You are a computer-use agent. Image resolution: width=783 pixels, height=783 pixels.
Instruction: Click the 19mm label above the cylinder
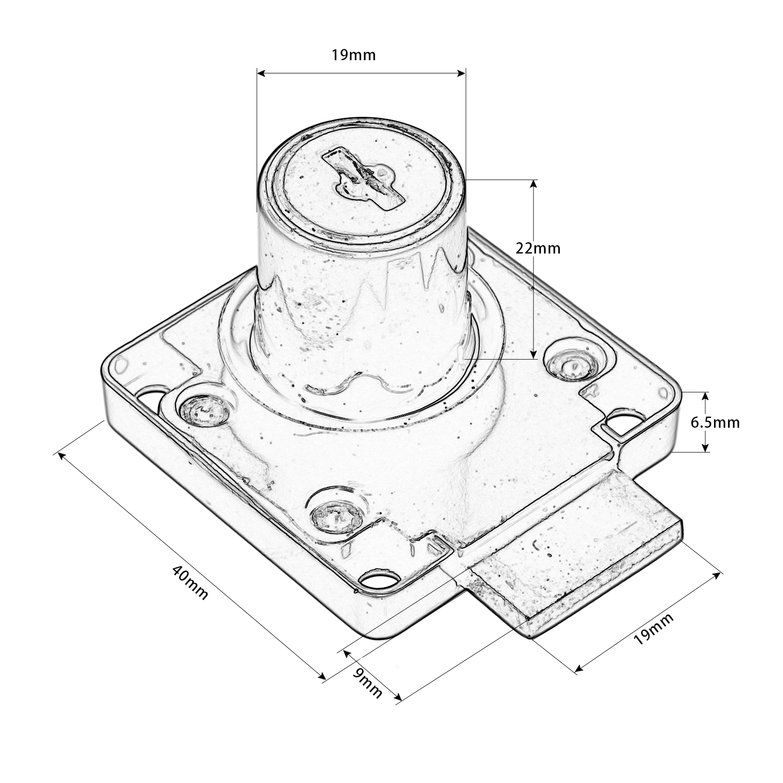[x=353, y=55]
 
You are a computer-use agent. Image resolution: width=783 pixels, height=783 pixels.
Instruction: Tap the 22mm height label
[x=538, y=248]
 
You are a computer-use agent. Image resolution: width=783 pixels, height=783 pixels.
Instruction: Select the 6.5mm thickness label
[x=715, y=422]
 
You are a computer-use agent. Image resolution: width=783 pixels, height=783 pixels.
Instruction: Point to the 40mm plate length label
[x=190, y=582]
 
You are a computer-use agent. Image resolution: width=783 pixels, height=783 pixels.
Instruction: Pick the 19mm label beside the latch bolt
[x=654, y=628]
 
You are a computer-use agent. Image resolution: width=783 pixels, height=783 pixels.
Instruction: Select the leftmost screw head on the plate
[x=204, y=409]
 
